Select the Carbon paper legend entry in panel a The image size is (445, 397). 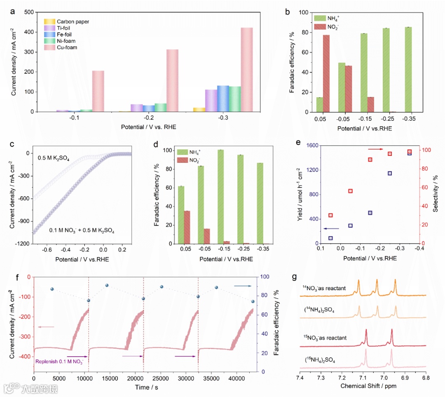73,21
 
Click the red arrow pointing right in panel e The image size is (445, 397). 375,149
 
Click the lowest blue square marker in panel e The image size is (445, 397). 330,238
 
